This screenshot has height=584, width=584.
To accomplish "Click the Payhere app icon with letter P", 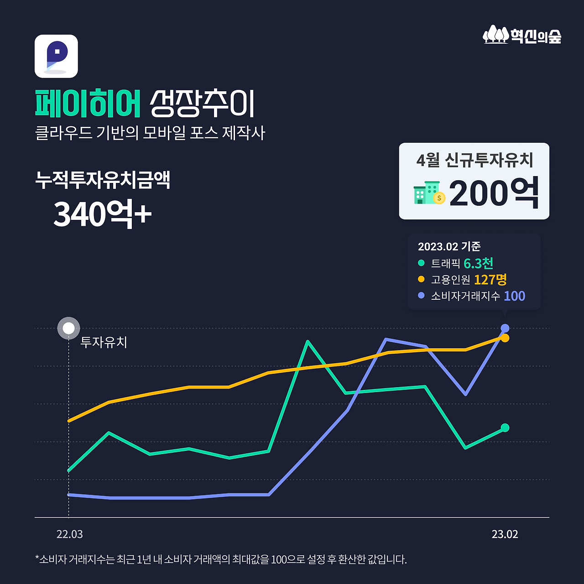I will (56, 56).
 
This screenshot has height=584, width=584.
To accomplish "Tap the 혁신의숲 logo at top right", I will (522, 35).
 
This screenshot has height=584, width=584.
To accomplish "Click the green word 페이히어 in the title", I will (88, 104).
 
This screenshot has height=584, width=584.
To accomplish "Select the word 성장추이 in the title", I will (202, 104).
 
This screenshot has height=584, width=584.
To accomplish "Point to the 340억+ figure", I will (102, 213).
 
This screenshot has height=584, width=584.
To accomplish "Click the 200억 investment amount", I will (494, 193).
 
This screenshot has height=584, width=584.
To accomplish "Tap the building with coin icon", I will (429, 193).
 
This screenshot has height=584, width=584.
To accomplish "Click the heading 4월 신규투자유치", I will (474, 160).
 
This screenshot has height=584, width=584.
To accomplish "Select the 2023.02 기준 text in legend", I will (449, 246).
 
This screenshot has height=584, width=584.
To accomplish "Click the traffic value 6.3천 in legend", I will (478, 263).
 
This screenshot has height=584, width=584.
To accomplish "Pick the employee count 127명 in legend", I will (490, 279).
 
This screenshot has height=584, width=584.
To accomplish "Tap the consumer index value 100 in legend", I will (514, 296).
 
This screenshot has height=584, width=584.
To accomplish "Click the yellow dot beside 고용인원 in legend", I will (421, 279).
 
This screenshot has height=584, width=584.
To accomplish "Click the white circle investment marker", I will (68, 328).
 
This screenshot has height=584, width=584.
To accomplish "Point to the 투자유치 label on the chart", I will (104, 342).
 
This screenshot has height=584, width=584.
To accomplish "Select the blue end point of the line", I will (505, 328).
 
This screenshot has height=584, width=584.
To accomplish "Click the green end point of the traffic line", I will (505, 428).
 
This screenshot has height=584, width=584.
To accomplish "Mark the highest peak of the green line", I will (308, 341).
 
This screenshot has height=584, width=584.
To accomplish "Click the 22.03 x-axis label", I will (69, 534).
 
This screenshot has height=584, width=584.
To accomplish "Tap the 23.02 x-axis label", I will (505, 534).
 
